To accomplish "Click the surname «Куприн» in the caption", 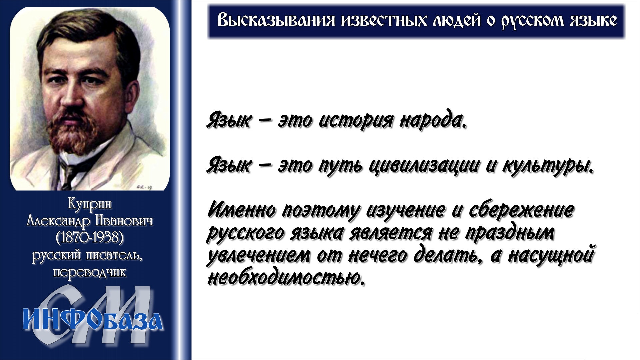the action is (x=90, y=204).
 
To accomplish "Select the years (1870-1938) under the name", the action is (x=90, y=238).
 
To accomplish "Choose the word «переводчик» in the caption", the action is (x=90, y=273).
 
